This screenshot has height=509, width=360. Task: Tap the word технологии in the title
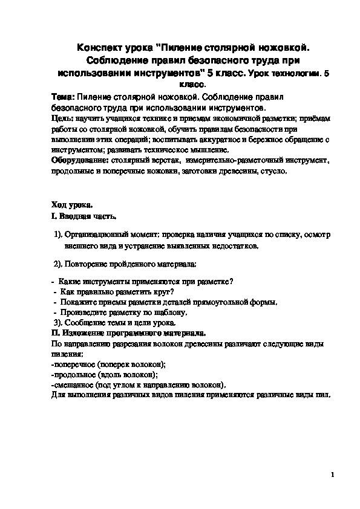pos(295,73)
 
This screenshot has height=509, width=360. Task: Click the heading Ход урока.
pos(73,206)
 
